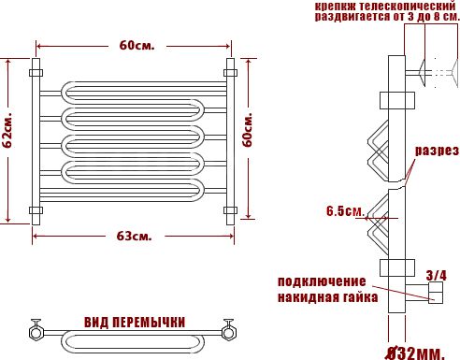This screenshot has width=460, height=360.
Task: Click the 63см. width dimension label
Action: coord(134,237)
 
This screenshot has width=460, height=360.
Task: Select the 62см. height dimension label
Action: coord(7,130)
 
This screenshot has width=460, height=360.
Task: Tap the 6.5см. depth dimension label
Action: coord(345,211)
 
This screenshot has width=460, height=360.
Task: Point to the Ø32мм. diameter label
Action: coord(415,353)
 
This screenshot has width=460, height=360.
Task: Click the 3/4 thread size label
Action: coord(436,276)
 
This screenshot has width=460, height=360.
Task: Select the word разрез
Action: coord(437,151)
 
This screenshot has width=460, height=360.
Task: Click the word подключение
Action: coord(322,281)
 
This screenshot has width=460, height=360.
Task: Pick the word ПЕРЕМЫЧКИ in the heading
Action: coord(149,323)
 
